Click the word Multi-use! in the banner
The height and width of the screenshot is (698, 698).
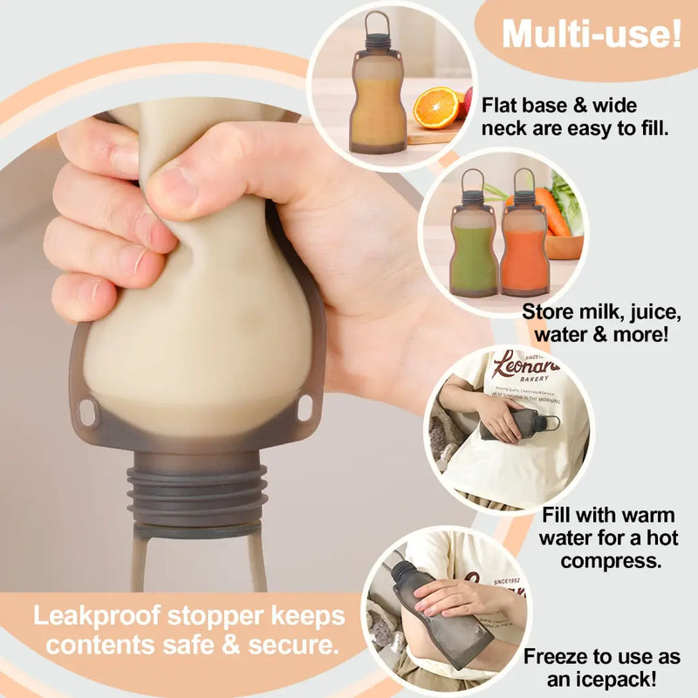coord(592,36)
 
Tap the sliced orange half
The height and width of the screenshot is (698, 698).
coord(435,107)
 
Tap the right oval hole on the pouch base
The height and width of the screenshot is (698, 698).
coord(304,407)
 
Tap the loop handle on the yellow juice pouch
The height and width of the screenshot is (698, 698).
coord(376,24)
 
